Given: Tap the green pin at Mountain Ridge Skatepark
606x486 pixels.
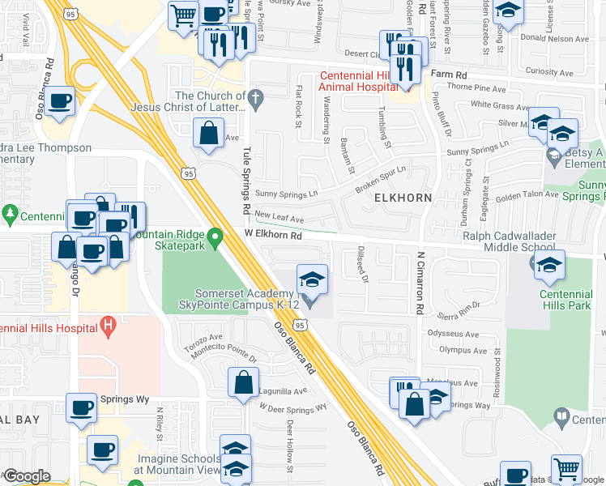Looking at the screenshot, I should coord(215,238).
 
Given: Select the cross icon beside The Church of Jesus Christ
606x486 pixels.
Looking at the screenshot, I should coord(256,101).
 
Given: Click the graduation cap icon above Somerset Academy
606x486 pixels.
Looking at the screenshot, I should coord(312,279).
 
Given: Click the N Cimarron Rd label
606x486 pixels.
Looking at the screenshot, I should coord(420,283).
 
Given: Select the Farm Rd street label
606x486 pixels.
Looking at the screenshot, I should coord(446,75).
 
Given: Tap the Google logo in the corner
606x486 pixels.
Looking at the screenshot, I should coord(28,476).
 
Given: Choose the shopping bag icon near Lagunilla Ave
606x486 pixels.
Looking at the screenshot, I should coord(243,382).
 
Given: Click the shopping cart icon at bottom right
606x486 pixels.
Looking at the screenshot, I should coord(566,469).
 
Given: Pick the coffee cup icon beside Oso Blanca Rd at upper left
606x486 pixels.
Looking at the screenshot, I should coord(60,103).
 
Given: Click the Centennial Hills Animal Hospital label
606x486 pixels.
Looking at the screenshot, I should coord(361,82).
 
